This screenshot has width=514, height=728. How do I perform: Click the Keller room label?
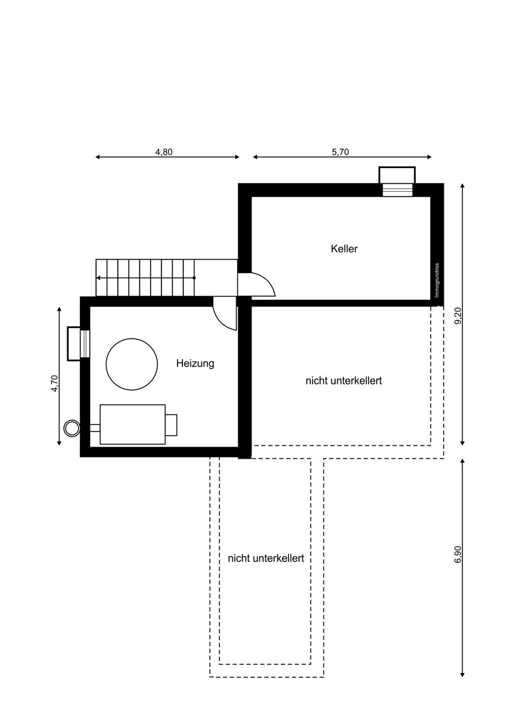(344, 249)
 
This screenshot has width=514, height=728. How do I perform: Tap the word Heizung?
(195, 363)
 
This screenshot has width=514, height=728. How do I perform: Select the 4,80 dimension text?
(164, 152)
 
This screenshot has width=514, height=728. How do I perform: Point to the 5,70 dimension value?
(340, 152)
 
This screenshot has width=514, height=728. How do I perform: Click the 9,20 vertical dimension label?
(458, 315)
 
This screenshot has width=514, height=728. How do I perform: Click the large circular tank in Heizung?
(132, 365)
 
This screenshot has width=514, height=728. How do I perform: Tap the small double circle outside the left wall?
(72, 428)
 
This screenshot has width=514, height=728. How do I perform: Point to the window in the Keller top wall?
(398, 190)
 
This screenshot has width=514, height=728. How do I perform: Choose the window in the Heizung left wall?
(85, 344)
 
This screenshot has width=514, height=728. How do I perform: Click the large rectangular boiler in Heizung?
(133, 425)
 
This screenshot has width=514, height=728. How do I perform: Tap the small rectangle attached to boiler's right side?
(171, 425)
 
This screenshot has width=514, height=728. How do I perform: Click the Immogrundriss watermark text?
(437, 280)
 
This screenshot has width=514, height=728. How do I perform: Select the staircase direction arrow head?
(98, 278)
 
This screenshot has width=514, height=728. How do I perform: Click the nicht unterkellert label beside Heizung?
(344, 380)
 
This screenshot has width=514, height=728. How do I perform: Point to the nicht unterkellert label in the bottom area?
(266, 558)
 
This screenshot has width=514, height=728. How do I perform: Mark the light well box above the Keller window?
(397, 175)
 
